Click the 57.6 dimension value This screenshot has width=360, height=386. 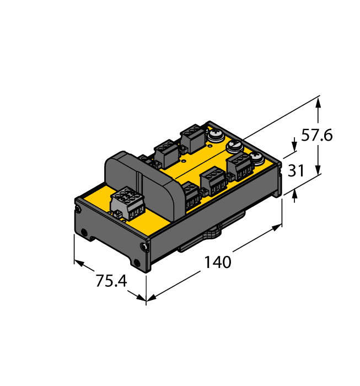click(x=316, y=135)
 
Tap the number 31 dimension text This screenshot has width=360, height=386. click(x=296, y=170)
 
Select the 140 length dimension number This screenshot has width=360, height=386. click(x=218, y=262)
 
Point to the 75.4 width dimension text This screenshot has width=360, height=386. click(x=111, y=281)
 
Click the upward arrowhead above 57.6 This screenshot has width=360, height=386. click(x=318, y=103)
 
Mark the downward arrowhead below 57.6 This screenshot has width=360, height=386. click(x=318, y=169)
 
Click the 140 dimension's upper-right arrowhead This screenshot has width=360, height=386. click(x=277, y=227)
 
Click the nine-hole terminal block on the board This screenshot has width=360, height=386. click(x=128, y=203)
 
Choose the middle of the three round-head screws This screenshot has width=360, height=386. click(x=234, y=146)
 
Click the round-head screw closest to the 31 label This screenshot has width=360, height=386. click(x=257, y=157)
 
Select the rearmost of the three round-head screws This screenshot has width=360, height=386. click(x=216, y=135)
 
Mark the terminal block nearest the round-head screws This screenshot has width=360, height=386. click(x=240, y=167)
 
